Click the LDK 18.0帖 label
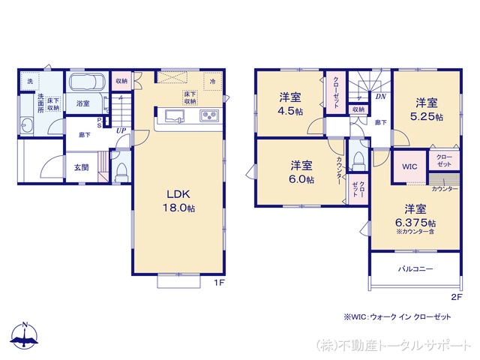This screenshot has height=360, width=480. [180, 200]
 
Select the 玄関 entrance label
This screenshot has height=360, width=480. [81, 167]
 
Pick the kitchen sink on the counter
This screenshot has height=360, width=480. [172, 116]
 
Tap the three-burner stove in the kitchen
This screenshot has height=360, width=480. [208, 116]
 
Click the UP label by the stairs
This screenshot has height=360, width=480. [120, 130]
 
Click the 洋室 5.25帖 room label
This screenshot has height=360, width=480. [426, 109]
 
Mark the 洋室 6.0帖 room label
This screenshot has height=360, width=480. [302, 172]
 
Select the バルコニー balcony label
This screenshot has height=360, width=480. [415, 268]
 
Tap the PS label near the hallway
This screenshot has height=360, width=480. [99, 124]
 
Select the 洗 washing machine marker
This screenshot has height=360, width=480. [30, 80]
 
